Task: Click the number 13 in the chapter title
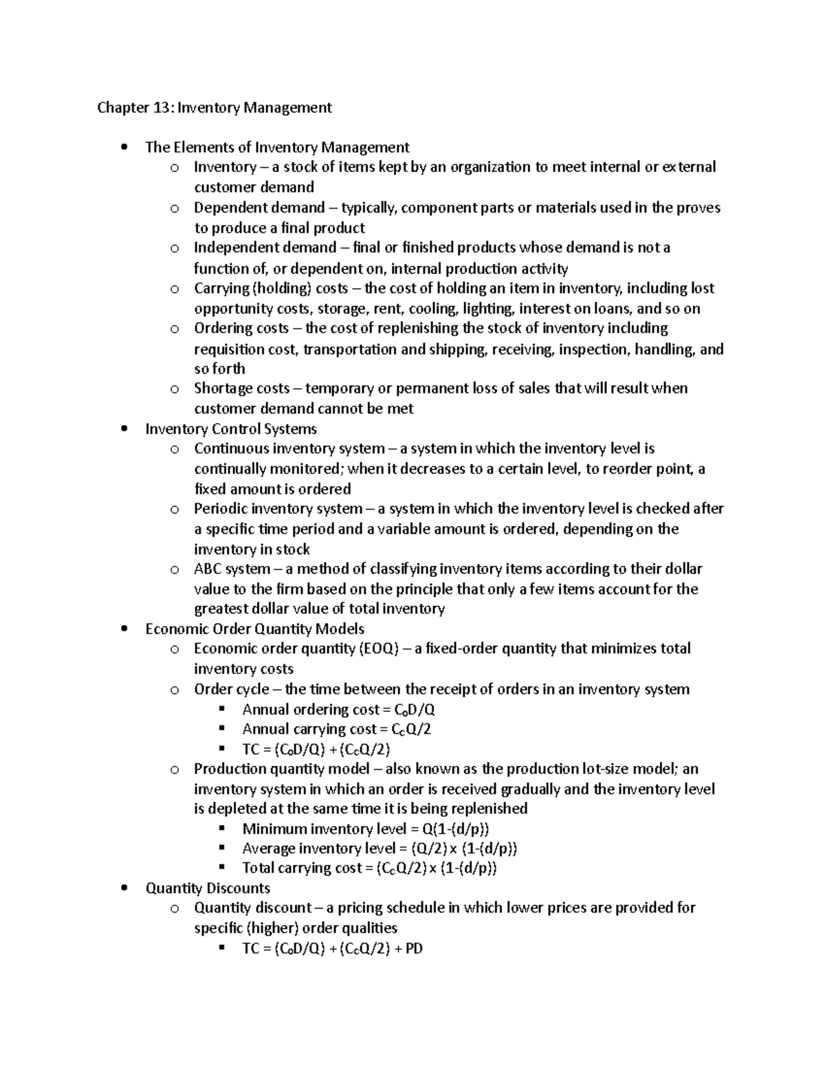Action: point(158,107)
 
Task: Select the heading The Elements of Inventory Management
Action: point(277,147)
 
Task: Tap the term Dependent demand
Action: point(259,208)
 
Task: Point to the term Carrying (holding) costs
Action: point(271,288)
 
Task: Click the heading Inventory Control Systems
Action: point(231,429)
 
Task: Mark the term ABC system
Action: point(232,569)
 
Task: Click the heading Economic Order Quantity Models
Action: point(255,629)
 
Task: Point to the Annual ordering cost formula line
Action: point(339,710)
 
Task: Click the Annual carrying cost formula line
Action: point(337,729)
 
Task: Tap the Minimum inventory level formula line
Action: point(366,829)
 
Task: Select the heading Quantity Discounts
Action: point(208,889)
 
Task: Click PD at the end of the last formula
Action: point(415,949)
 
